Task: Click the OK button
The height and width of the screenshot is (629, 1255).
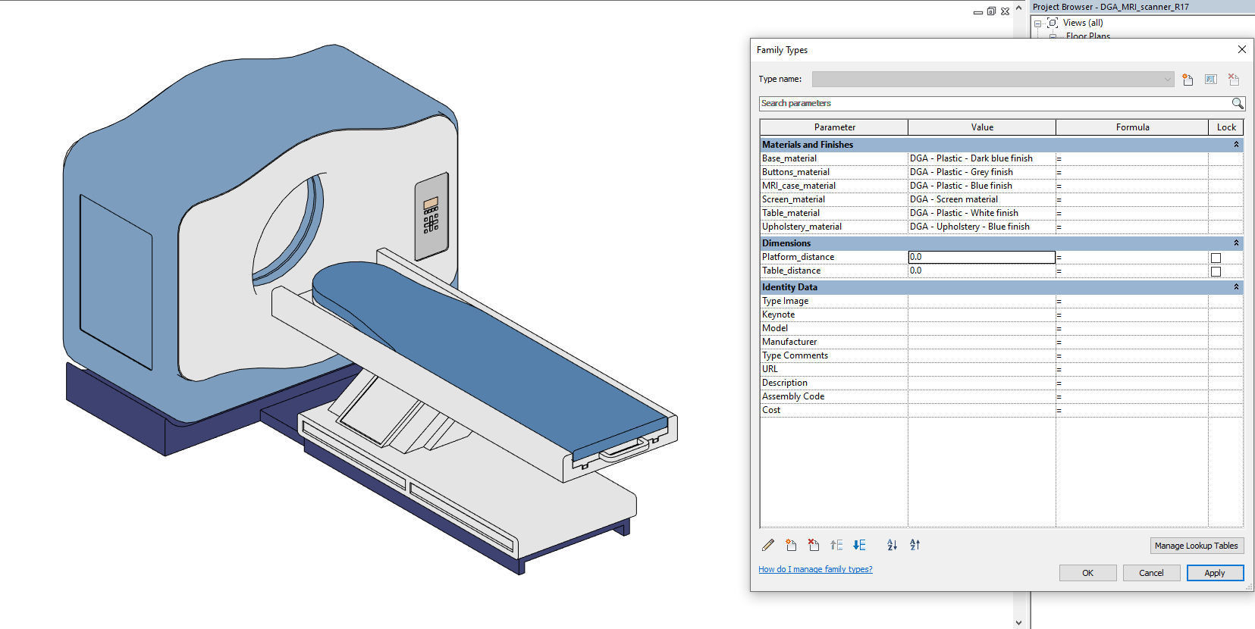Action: point(1087,573)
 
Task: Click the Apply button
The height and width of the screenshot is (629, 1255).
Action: point(1214,573)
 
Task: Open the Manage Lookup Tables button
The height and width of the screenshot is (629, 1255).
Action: point(1196,546)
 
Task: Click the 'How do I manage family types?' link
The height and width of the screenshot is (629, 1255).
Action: point(815,569)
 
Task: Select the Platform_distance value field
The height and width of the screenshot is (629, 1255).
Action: point(981,257)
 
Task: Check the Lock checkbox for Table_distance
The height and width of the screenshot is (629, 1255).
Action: point(1216,271)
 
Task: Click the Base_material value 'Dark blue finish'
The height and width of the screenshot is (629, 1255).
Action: point(971,158)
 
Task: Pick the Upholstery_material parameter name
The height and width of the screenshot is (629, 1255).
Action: point(802,227)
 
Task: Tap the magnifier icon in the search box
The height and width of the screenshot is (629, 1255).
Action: point(1237,103)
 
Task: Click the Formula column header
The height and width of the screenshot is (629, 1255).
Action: point(1132,127)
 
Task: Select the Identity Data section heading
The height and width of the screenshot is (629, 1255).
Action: point(789,287)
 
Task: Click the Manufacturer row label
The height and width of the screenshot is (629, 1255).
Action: point(789,342)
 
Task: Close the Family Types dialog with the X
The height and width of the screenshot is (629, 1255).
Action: point(1241,49)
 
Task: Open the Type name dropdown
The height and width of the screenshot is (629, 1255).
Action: point(1167,79)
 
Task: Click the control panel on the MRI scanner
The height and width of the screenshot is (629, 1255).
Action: point(431,216)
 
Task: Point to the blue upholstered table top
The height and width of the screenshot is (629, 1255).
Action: point(485,349)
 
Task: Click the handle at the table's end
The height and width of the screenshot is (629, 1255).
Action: point(624,451)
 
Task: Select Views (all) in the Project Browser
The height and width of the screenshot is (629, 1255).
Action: point(1083,23)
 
